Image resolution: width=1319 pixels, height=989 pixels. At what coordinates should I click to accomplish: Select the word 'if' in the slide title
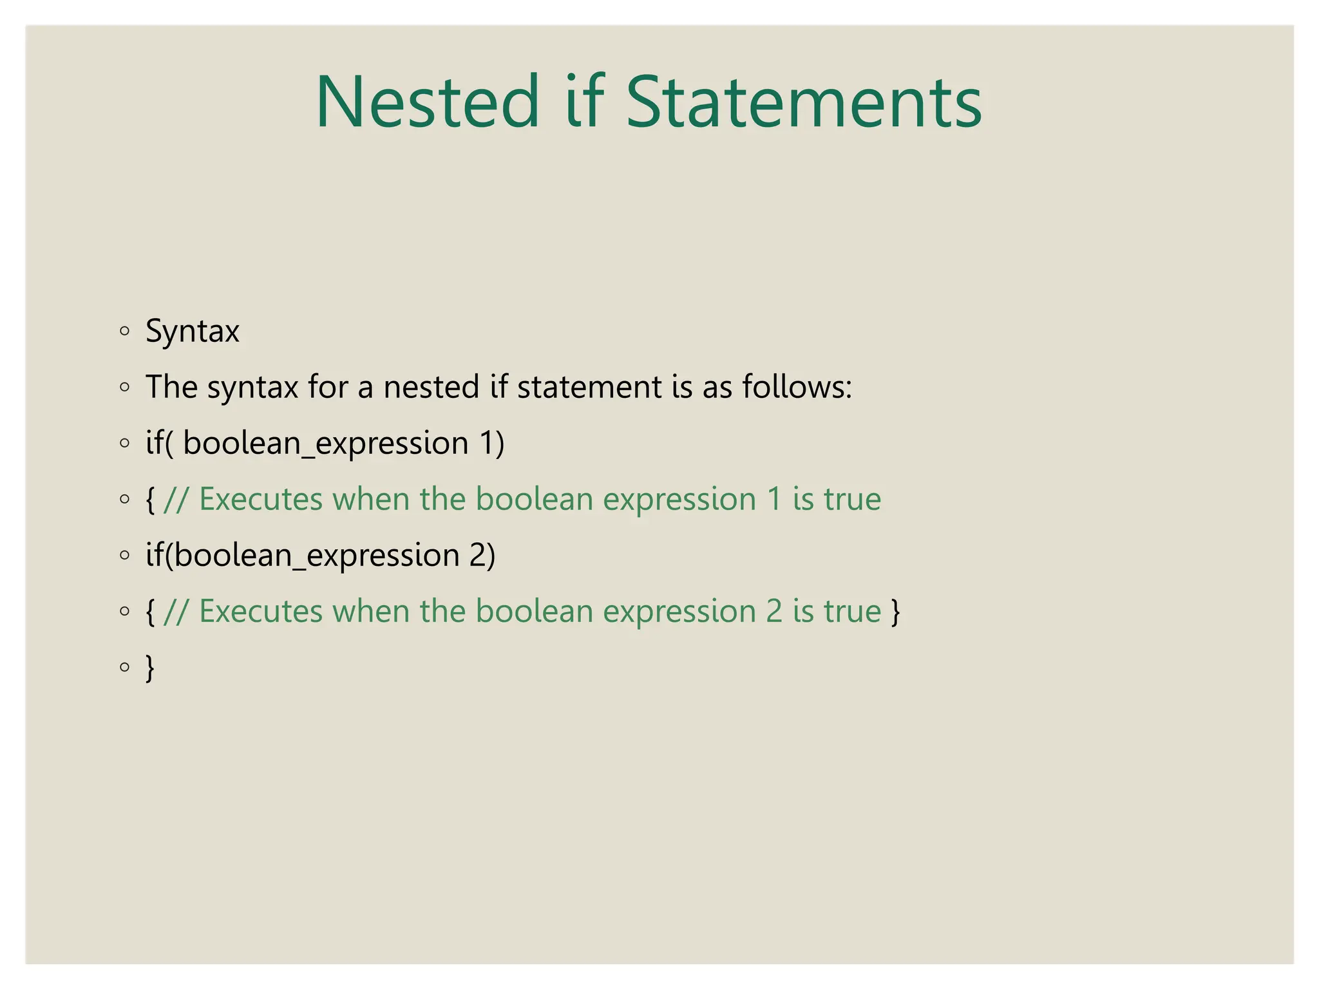(584, 102)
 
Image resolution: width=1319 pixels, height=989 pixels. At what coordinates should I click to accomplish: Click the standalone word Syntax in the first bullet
(193, 332)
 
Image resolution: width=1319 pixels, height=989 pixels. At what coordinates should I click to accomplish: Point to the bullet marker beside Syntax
(125, 332)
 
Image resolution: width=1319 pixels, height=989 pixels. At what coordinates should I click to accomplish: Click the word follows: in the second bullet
(797, 387)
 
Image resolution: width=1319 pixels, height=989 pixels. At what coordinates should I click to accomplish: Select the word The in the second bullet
(171, 387)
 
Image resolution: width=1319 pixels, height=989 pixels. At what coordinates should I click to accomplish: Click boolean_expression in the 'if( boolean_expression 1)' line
(325, 444)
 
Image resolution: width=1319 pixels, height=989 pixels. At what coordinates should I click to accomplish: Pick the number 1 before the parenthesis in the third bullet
(488, 443)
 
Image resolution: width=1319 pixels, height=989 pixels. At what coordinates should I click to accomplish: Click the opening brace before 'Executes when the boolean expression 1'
(150, 500)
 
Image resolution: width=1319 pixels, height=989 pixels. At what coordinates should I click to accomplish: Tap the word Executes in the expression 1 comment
(261, 499)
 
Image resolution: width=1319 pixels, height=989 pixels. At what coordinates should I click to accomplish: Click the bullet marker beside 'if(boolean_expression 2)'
(125, 555)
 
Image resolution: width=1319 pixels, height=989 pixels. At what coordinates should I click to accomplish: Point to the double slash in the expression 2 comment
(176, 611)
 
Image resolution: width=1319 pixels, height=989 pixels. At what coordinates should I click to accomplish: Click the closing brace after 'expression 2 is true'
(895, 612)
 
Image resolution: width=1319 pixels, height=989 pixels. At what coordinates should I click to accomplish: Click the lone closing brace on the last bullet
(150, 668)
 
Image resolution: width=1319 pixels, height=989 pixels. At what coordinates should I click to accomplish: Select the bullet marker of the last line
(125, 667)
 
